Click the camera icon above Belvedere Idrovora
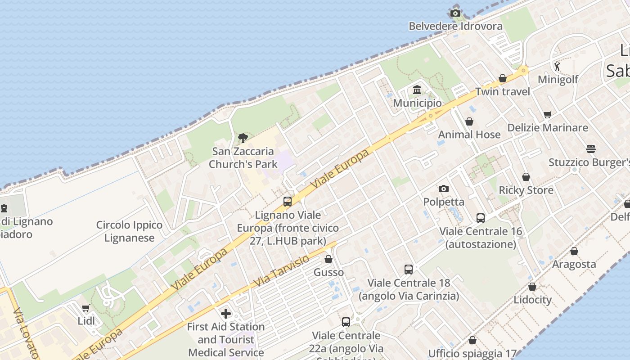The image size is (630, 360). click(455, 13)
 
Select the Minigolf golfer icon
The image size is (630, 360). click(558, 66)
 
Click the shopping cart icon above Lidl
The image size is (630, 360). click(86, 308)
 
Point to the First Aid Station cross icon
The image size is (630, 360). click(226, 313)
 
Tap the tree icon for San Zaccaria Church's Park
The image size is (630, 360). click(243, 138)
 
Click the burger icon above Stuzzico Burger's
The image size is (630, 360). click(591, 149)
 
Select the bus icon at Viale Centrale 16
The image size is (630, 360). click(481, 218)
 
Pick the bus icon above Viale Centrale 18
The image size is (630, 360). click(409, 270)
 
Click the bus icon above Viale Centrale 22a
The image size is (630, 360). click(346, 322)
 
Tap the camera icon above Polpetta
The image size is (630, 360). click(444, 189)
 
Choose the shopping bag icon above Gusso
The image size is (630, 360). click(328, 259)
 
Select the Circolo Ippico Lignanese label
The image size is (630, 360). click(130, 231)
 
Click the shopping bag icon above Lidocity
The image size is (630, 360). click(532, 287)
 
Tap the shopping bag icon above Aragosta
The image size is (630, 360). click(574, 251)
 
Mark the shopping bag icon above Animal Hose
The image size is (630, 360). click(469, 121)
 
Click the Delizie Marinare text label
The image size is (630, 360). click(548, 128)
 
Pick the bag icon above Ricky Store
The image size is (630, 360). click(526, 177)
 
